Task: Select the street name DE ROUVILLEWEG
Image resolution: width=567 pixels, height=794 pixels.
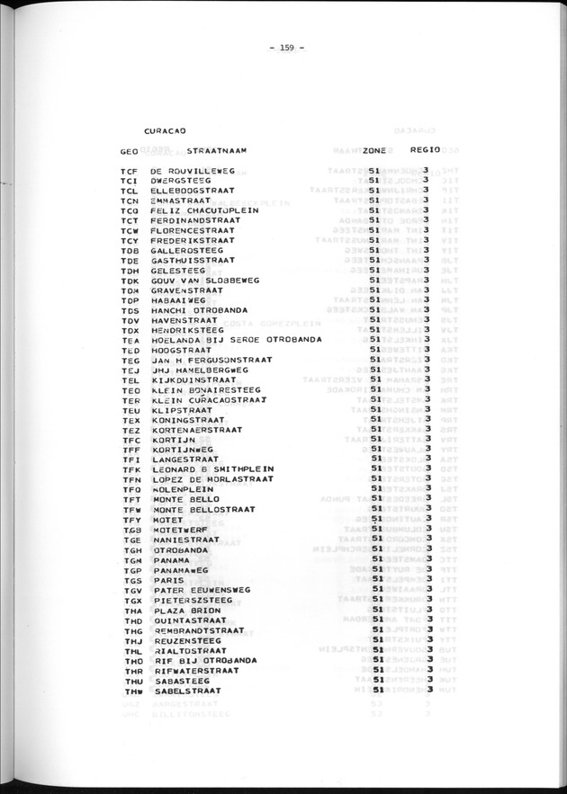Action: pyautogui.click(x=193, y=170)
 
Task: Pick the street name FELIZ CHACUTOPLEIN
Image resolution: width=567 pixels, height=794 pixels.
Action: pyautogui.click(x=204, y=210)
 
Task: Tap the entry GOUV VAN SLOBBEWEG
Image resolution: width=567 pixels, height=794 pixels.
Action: pyautogui.click(x=204, y=281)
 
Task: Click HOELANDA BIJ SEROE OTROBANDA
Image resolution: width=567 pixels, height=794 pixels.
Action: pyautogui.click(x=237, y=340)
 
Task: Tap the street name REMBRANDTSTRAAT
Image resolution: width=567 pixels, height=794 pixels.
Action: pyautogui.click(x=198, y=630)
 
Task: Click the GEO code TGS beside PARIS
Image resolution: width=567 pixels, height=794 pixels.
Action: pyautogui.click(x=130, y=580)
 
